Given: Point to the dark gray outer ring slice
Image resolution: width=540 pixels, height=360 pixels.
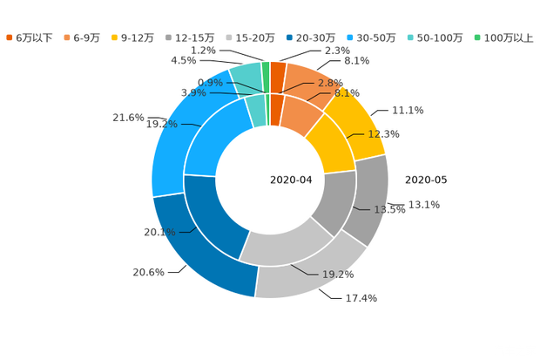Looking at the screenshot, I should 373,199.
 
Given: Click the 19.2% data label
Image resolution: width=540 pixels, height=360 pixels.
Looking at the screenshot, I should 339,274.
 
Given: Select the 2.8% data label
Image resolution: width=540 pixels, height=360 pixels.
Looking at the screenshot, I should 331,83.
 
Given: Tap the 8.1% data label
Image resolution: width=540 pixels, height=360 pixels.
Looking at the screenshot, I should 346,92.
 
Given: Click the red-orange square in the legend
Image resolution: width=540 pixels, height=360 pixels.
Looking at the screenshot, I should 10,37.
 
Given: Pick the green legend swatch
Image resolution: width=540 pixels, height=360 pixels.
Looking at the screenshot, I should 477,37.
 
